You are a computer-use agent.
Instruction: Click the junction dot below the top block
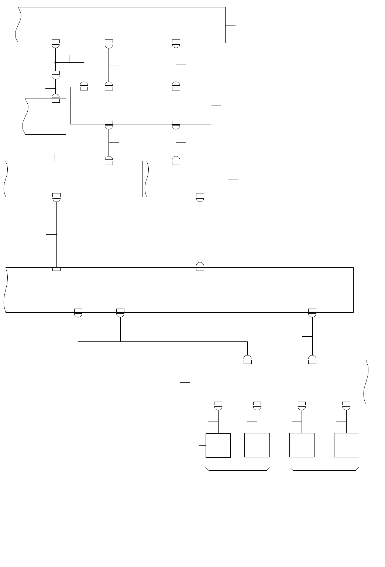point(55,62)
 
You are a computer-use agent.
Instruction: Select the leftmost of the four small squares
point(218,445)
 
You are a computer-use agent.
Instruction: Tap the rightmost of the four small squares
point(346,445)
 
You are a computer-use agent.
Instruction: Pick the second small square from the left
point(257,445)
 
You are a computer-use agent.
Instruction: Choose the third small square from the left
point(302,445)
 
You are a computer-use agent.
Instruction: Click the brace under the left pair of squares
point(237,470)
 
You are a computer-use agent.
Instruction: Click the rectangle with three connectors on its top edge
point(140,106)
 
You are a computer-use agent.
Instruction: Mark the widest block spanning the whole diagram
point(179,290)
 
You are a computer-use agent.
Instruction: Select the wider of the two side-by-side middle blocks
point(74,179)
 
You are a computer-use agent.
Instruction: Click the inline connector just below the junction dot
point(55,75)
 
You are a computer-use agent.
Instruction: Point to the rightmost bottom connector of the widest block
point(312,312)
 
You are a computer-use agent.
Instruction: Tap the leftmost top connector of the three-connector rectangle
point(84,86)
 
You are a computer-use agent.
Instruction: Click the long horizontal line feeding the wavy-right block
point(162,341)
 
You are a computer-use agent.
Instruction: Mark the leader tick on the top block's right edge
point(230,25)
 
